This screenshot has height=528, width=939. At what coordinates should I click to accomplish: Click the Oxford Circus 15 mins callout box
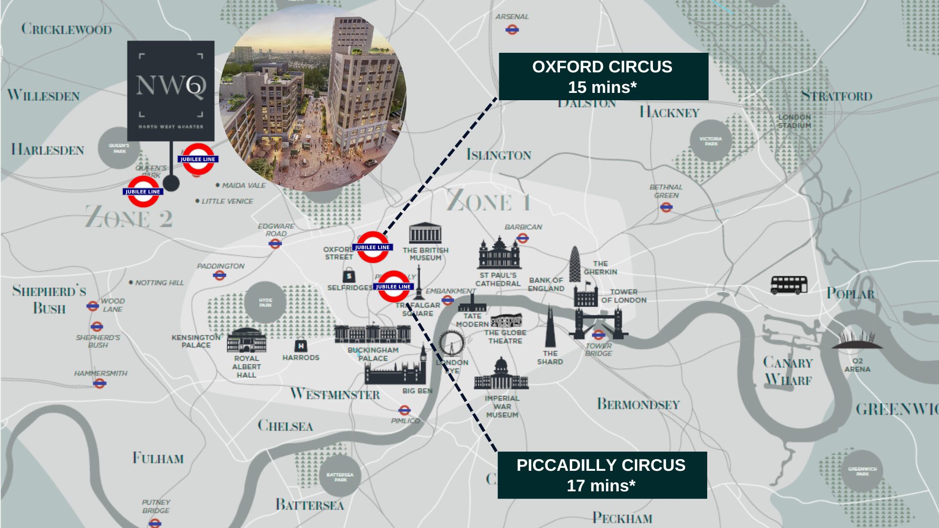click(x=603, y=77)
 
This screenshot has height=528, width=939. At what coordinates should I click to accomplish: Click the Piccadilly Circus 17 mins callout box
click(x=602, y=475)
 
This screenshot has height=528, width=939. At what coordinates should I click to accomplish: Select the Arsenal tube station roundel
click(x=512, y=30)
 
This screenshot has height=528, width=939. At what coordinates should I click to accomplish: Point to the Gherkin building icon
click(x=575, y=264)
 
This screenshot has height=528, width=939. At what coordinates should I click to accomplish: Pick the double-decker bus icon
click(x=789, y=285)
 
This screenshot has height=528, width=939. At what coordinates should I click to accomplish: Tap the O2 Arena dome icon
click(x=857, y=340)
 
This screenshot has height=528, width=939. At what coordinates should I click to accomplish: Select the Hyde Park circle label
click(x=265, y=302)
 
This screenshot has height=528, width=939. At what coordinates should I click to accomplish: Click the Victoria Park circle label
click(x=711, y=141)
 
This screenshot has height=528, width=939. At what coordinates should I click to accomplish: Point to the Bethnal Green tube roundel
click(x=666, y=207)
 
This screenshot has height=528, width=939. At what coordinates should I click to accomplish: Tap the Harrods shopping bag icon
click(x=301, y=346)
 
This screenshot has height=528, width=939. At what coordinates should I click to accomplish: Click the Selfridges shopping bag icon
click(x=349, y=276)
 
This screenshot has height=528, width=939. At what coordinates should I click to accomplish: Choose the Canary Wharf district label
click(x=788, y=371)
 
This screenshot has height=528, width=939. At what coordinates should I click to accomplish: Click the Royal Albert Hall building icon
click(x=246, y=340)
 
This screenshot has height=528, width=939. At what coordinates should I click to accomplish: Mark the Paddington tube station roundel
click(x=220, y=276)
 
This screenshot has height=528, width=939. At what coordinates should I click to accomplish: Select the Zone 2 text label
click(x=129, y=217)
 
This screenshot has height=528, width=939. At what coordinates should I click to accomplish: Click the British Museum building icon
click(x=425, y=234)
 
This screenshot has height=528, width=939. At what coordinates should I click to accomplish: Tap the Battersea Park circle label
click(x=340, y=477)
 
